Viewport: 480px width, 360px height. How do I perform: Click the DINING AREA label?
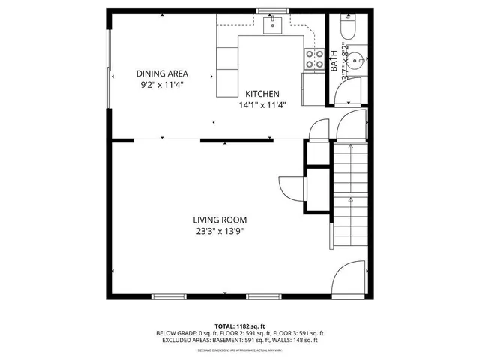tap(162, 73)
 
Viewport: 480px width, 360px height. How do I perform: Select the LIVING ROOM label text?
tap(220, 220)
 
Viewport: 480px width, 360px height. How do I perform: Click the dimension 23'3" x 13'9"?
tap(220, 231)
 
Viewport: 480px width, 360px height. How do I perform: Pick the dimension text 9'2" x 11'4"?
tap(162, 85)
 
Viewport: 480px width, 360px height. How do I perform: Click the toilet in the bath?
tap(348, 28)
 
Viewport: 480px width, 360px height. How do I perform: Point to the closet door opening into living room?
tap(289, 186)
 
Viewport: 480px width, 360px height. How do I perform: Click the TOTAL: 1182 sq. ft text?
tap(240, 326)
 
